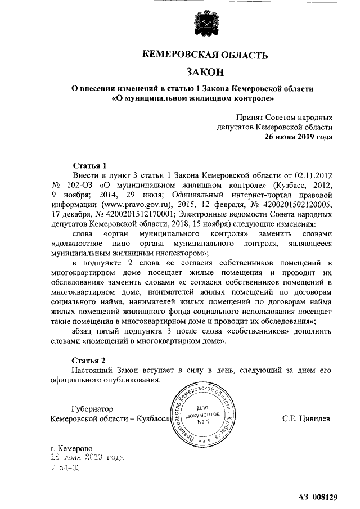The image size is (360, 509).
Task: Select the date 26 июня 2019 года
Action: [298, 136]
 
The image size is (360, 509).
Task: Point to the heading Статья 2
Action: [90, 359]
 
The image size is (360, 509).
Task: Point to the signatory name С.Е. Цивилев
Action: [307, 418]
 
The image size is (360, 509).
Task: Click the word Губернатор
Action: [93, 409]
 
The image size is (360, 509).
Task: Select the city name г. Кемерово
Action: [71, 448]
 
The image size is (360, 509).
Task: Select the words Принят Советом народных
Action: [285, 118]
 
